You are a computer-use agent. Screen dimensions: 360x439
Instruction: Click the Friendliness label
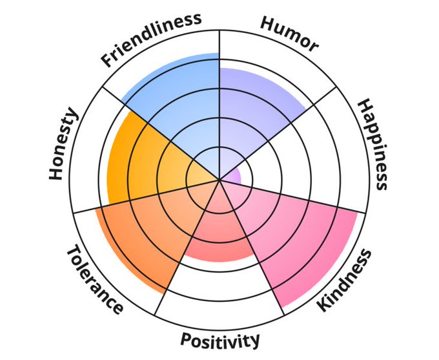coord(152,39)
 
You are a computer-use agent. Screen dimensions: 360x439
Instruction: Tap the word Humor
coord(289,32)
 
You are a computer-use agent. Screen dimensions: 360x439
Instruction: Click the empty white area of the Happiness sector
coord(310,155)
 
